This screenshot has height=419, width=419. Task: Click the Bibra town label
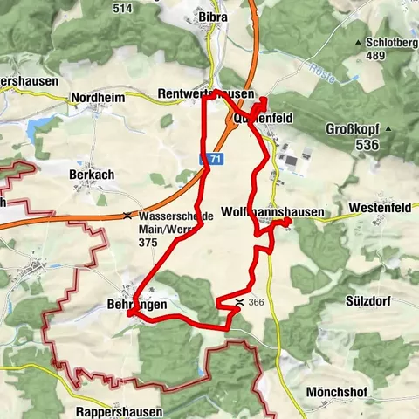point(214,17)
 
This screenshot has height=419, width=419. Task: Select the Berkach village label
point(92,175)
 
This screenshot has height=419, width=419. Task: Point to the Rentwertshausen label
point(206,93)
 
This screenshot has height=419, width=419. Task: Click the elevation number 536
point(367,144)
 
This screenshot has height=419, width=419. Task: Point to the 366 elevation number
point(256,302)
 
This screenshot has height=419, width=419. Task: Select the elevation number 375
point(148,241)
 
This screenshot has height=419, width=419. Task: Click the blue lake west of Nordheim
point(38,131)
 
